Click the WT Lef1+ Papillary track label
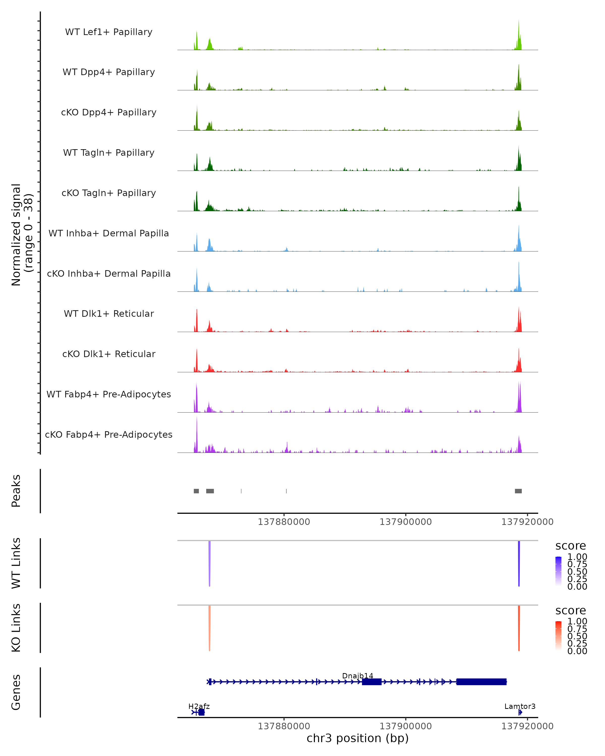109,32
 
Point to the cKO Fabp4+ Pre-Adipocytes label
109,434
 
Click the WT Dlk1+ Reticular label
109,313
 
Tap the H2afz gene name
199,706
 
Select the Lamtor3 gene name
520,706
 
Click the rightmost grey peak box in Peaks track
518,491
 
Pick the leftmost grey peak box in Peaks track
196,491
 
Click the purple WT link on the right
519,563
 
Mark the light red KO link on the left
209,628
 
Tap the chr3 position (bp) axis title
357,738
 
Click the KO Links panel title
16,628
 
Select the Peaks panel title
16,491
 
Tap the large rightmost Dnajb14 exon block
481,682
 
